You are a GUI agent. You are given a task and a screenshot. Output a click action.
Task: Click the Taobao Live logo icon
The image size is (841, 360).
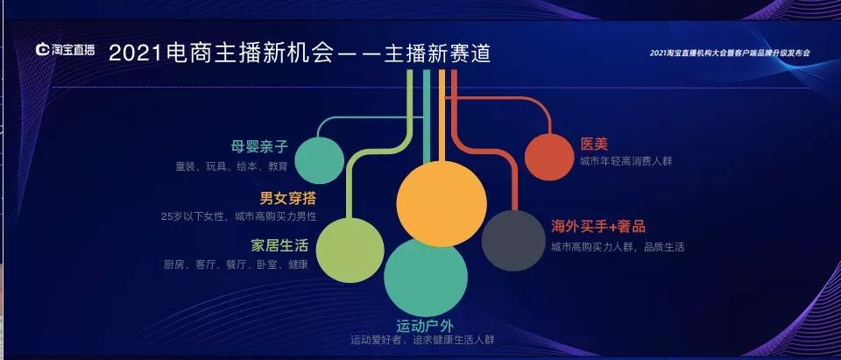point(44,52)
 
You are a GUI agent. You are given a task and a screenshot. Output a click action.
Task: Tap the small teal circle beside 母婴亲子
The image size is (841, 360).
point(319,160)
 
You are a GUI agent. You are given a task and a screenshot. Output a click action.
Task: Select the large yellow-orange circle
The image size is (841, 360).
point(441,204)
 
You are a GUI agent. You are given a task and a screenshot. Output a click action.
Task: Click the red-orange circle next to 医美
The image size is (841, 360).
point(548,157)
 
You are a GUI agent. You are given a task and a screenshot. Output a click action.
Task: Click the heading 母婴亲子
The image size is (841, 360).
point(259,145)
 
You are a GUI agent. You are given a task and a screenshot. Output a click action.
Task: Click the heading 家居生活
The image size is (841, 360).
point(279,244)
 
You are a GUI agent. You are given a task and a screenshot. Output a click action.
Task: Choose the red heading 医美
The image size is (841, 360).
point(593,143)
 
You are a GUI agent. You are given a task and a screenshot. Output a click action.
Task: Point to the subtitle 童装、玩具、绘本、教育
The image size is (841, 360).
point(230,165)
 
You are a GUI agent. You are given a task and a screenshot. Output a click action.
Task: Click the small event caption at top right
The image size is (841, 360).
point(730,53)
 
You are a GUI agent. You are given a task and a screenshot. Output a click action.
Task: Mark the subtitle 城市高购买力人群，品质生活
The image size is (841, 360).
point(618,247)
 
